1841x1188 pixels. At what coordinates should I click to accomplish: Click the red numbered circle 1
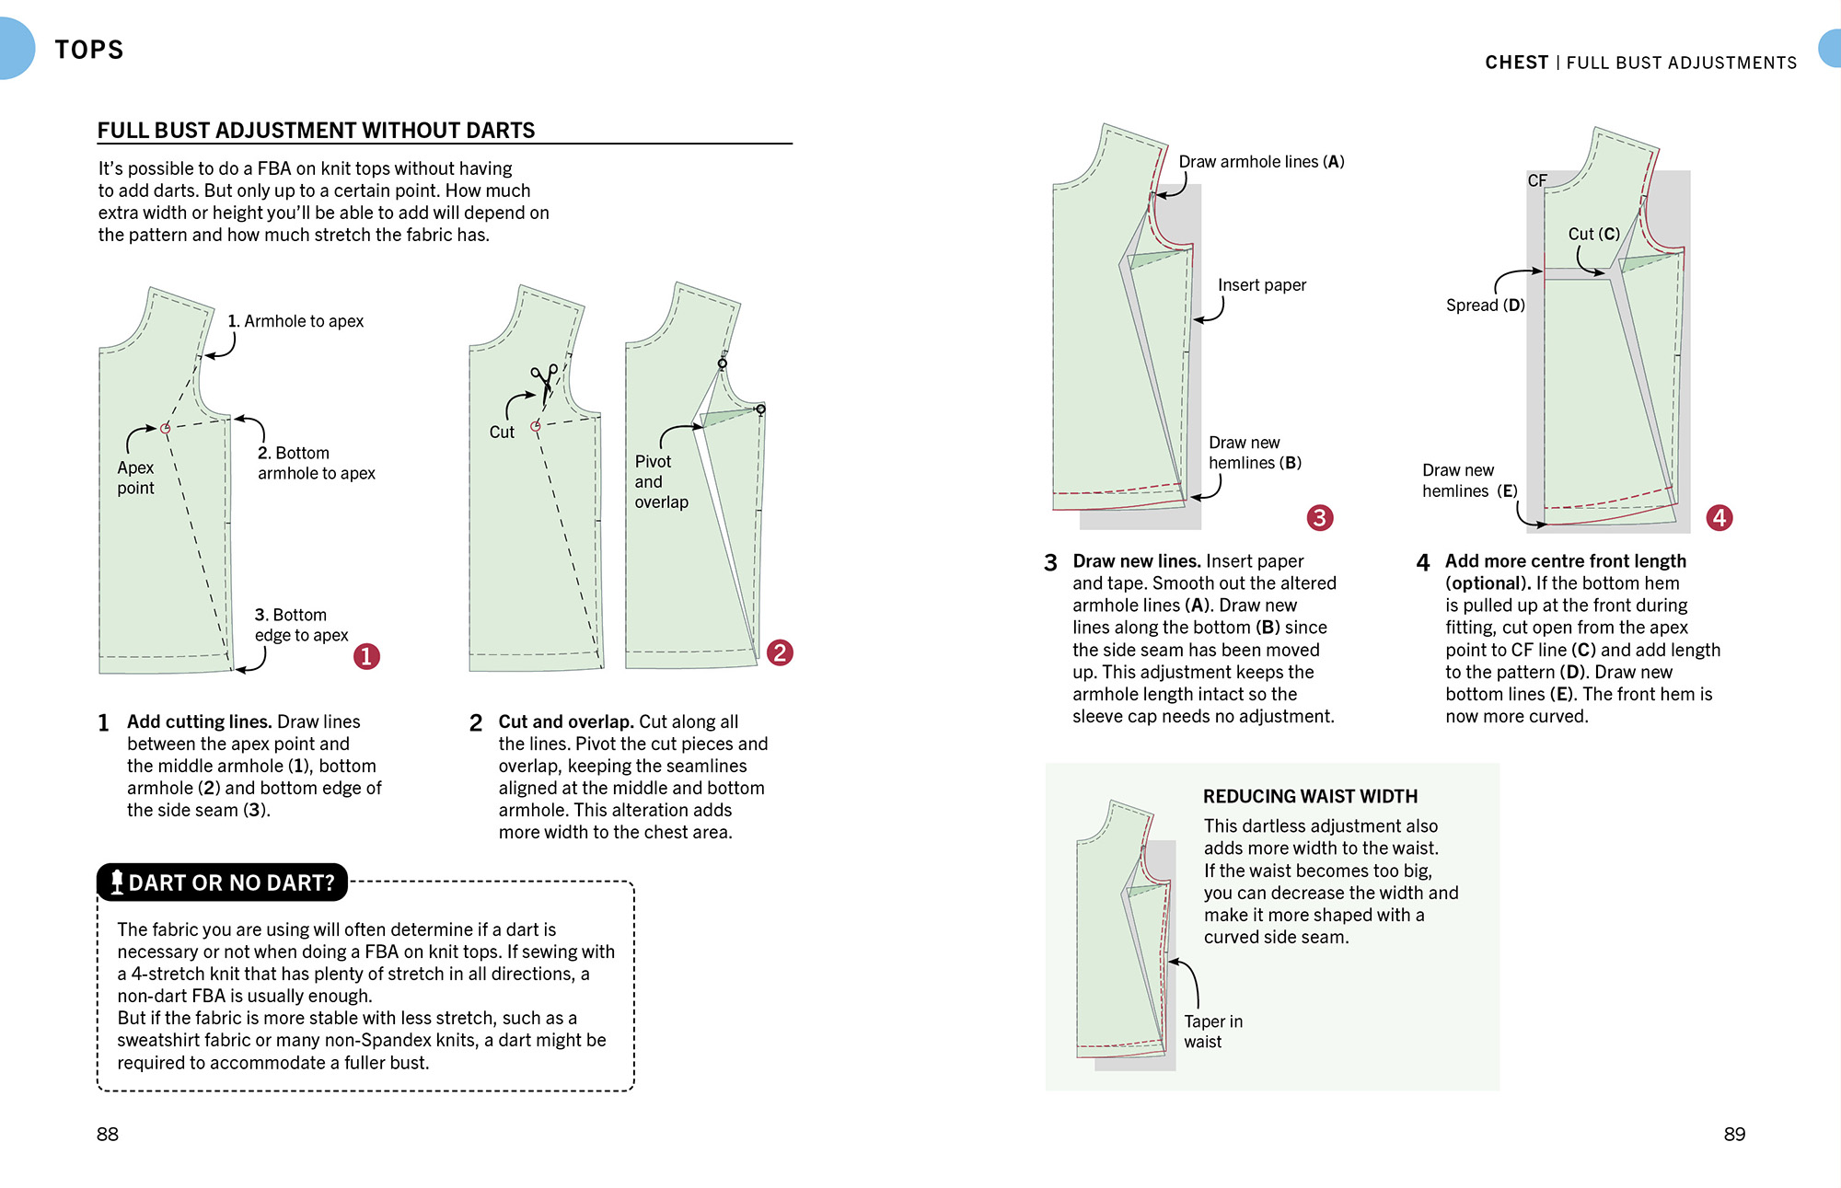(366, 656)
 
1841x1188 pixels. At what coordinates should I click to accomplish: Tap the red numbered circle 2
(780, 652)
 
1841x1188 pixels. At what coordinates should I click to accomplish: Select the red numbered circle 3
(1319, 517)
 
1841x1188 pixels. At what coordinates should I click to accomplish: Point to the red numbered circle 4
(1719, 517)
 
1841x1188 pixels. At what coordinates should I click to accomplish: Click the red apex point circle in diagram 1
(166, 428)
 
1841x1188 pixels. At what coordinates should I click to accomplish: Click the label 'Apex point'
(135, 478)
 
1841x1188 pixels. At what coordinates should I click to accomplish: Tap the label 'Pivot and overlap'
(660, 481)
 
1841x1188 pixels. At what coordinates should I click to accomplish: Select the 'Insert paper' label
(1261, 285)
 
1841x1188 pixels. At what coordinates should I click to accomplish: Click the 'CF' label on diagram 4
(1536, 180)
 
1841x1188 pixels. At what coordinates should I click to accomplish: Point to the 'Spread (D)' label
(1485, 306)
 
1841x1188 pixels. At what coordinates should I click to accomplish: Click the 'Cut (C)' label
(1593, 234)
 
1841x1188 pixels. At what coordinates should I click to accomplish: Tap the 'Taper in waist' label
(1212, 1032)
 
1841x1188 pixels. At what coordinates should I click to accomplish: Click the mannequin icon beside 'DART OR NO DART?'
(117, 882)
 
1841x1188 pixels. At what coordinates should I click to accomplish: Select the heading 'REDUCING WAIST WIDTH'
(1309, 796)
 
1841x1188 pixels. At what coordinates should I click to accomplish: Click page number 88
(108, 1134)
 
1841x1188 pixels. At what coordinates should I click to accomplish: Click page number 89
(1733, 1134)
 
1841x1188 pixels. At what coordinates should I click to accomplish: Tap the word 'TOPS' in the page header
(88, 50)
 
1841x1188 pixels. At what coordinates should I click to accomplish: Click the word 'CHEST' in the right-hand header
(1516, 63)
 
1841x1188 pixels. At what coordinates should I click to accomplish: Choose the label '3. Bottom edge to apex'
(301, 625)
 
